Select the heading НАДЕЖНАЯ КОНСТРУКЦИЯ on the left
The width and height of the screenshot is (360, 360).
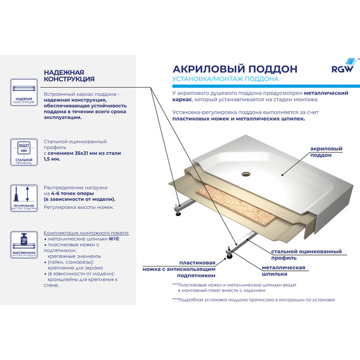69,76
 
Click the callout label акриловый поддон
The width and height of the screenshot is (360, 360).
327,151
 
